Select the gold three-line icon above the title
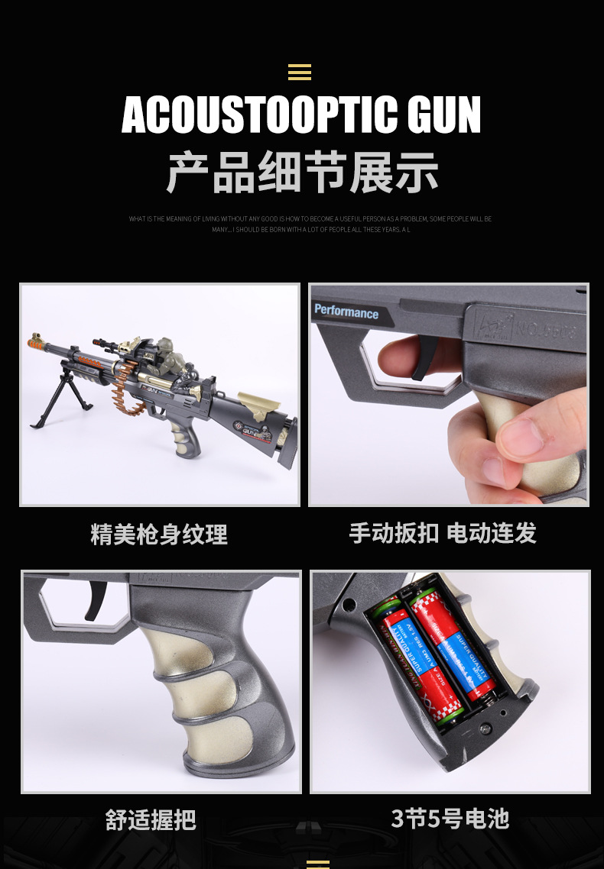tap(300, 73)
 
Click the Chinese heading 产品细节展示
tap(302, 173)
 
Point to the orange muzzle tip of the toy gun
tap(34, 338)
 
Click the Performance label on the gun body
tap(346, 312)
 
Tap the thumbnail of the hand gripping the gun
tap(449, 395)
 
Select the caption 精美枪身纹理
tap(159, 534)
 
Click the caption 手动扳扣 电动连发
tap(443, 532)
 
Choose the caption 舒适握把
tap(151, 820)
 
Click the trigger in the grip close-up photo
tap(96, 598)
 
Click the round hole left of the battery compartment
tap(349, 605)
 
